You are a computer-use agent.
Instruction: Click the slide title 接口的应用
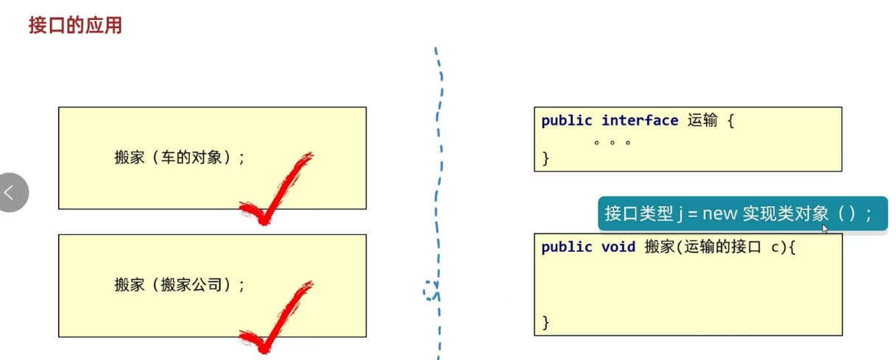coord(75,26)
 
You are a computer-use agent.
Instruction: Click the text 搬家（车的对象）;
coord(180,157)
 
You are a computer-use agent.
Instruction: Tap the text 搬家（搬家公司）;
coord(180,285)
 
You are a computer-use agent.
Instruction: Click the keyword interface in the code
coord(639,121)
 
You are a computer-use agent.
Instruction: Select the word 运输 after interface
coord(702,121)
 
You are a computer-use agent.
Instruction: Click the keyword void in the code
coord(618,247)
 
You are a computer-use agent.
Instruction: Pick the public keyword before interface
coord(567,121)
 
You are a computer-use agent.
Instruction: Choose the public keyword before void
coord(567,247)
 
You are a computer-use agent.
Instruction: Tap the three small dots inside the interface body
coord(613,141)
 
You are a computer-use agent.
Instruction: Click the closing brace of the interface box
coord(546,158)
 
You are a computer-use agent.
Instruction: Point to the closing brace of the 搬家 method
coord(546,322)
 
